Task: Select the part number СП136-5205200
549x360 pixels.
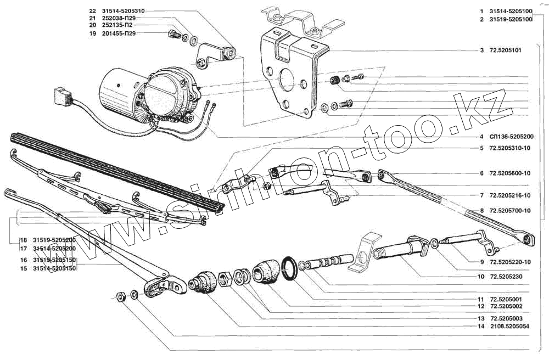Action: pos(510,137)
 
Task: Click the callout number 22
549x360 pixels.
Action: pos(92,11)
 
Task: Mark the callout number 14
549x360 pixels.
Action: pos(481,327)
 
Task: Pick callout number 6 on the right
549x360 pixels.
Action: pos(481,173)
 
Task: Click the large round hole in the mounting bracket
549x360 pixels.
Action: pos(286,80)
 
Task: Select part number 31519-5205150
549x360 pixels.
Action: pos(54,260)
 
